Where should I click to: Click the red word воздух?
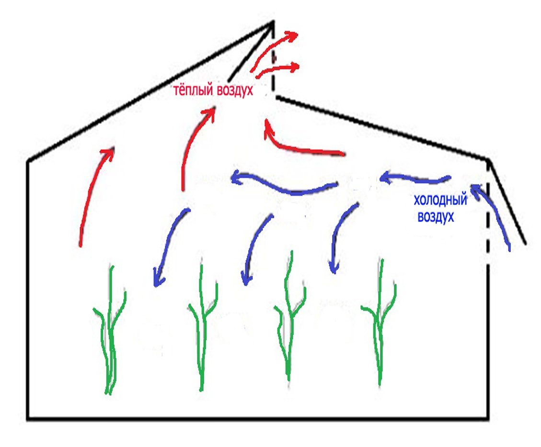(235, 90)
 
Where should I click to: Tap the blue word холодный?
(440, 201)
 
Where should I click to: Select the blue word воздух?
(436, 217)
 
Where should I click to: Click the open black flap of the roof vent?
(251, 51)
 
